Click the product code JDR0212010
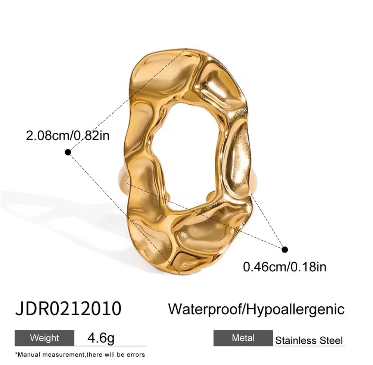click(68, 309)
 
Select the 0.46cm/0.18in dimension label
click(285, 267)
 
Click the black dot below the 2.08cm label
click(68, 152)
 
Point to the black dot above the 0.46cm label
click(285, 249)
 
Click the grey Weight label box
click(45, 338)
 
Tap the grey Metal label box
click(243, 338)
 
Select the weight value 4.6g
click(101, 338)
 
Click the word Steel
click(331, 340)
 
